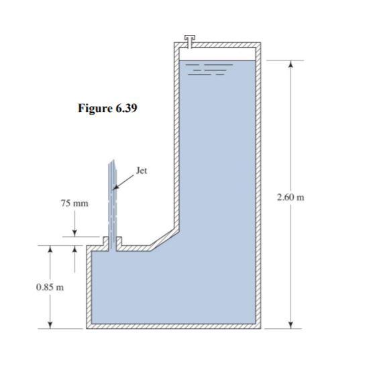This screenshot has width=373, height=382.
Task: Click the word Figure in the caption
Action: coord(94,109)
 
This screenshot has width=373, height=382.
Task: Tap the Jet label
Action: coord(141,171)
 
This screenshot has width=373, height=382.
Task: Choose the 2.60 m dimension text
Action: coord(290,198)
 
